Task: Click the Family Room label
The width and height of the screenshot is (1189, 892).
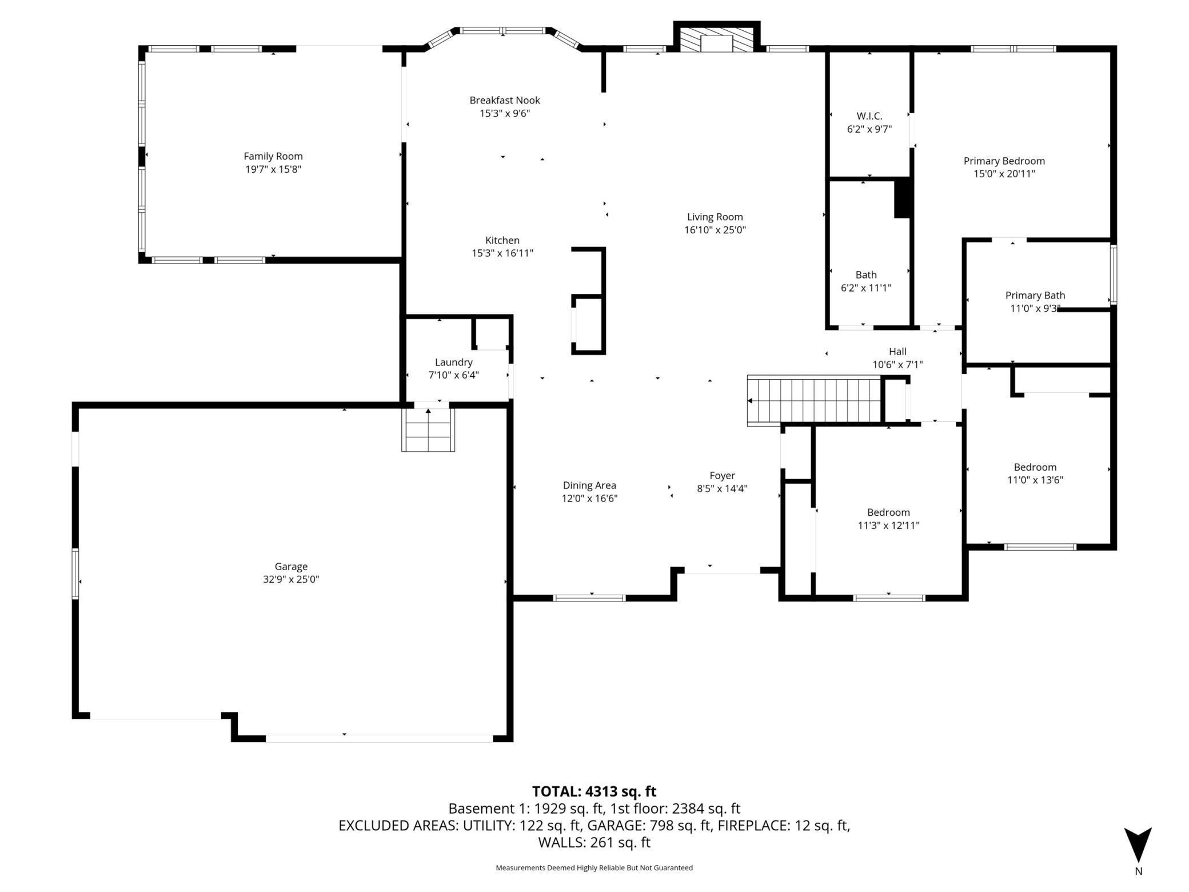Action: (x=273, y=156)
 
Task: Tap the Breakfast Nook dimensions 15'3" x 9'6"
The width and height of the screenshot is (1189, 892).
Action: (x=505, y=113)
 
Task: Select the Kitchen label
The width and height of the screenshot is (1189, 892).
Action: (x=502, y=240)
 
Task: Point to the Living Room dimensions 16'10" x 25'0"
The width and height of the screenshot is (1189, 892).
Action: (x=715, y=230)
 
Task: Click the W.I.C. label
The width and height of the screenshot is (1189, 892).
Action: (x=869, y=116)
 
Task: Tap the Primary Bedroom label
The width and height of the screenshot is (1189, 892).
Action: (x=1004, y=161)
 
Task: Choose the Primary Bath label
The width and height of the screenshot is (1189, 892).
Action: (x=1035, y=295)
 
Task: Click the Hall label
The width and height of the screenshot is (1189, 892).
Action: (x=897, y=351)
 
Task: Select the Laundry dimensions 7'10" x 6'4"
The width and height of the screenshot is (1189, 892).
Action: (x=454, y=375)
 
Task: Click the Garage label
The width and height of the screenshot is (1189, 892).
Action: (x=291, y=566)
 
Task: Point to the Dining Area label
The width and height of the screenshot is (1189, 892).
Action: (x=589, y=485)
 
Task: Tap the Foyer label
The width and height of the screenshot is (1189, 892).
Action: (x=722, y=475)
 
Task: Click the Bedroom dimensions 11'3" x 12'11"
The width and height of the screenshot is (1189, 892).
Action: (x=888, y=525)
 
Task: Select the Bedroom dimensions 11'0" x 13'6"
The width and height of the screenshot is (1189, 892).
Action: (x=1035, y=480)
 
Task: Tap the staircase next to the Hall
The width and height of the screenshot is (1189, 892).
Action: (x=815, y=400)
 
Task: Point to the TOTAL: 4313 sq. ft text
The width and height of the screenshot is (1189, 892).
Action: (x=594, y=791)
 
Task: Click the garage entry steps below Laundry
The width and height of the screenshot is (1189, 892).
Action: (x=428, y=429)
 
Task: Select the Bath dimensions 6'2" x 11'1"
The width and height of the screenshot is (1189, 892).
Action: (x=866, y=288)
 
